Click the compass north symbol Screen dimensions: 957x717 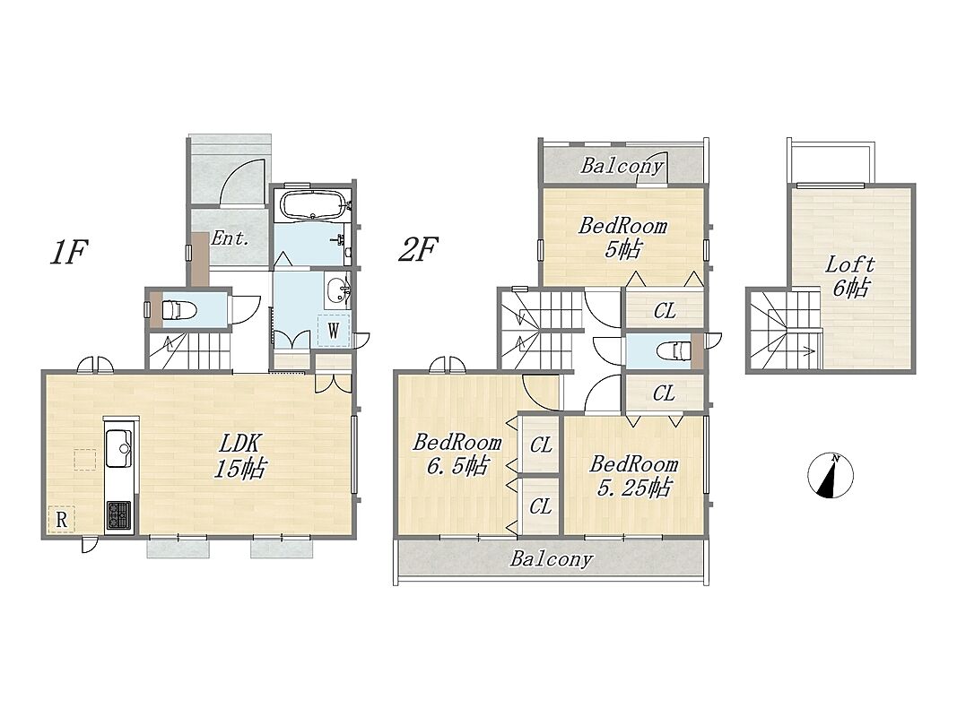click(x=830, y=476)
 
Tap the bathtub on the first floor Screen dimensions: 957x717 click(x=312, y=205)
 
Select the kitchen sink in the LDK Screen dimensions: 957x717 click(x=118, y=448)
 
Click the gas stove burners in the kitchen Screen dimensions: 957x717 click(x=118, y=515)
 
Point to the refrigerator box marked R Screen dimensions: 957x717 click(x=62, y=520)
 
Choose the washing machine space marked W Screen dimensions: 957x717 click(x=334, y=331)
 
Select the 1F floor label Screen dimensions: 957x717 click(x=69, y=253)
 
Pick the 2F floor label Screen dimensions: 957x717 click(x=418, y=250)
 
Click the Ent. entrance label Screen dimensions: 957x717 click(x=231, y=238)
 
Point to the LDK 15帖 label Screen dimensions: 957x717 click(x=240, y=455)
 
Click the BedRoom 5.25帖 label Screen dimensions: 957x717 click(x=633, y=476)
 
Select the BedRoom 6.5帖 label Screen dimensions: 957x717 click(x=457, y=454)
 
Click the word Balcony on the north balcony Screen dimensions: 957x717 click(x=622, y=166)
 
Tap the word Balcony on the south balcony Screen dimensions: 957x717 click(x=552, y=558)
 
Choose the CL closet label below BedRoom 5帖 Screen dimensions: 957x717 click(x=665, y=311)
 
